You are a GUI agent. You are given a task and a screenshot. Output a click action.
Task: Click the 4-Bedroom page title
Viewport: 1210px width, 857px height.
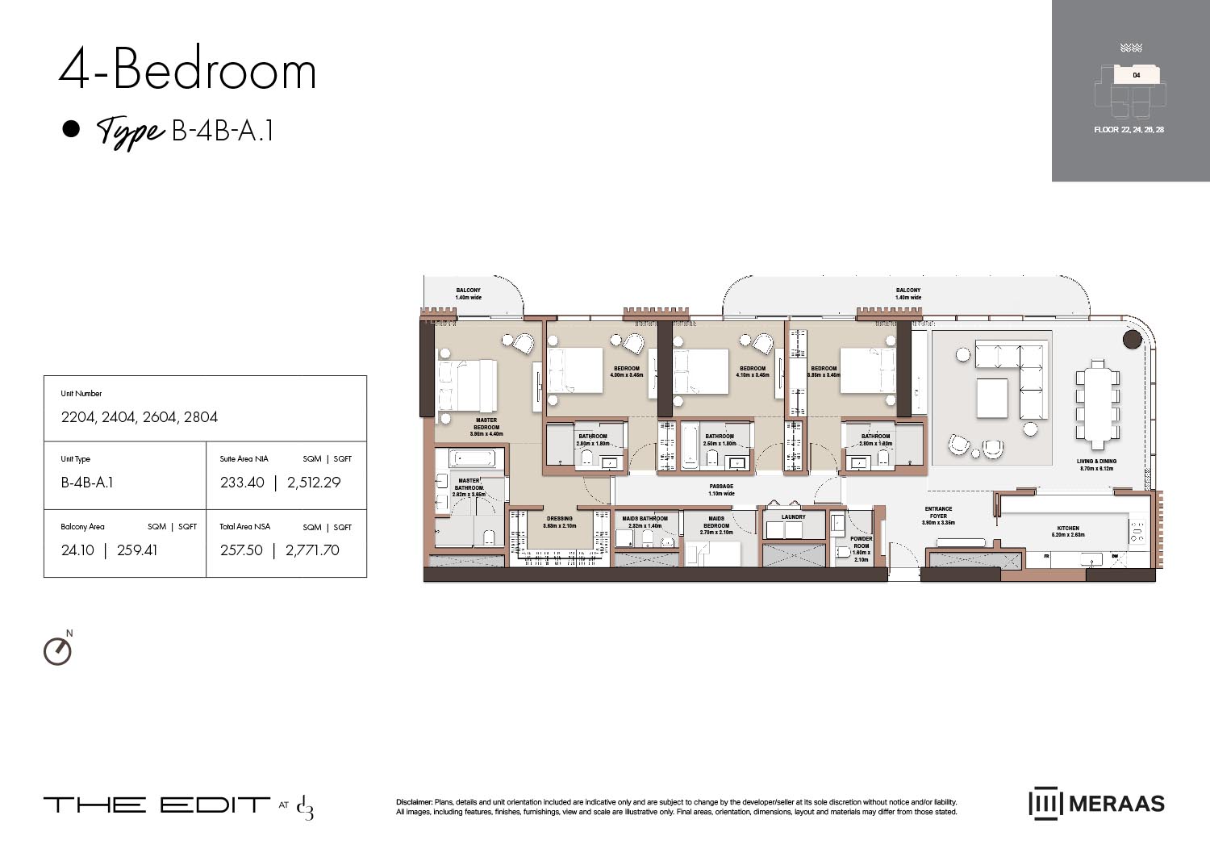(x=187, y=70)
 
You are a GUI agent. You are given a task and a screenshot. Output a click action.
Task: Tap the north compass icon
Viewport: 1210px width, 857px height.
(x=57, y=650)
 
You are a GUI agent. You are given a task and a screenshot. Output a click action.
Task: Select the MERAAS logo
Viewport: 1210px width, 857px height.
(x=1096, y=803)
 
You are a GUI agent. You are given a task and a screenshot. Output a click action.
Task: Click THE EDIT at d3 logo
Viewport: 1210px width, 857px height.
(x=178, y=805)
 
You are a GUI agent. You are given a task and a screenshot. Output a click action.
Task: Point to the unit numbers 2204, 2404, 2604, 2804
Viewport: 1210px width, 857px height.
(x=140, y=417)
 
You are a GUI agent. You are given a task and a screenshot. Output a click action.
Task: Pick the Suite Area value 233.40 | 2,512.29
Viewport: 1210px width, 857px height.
(x=280, y=483)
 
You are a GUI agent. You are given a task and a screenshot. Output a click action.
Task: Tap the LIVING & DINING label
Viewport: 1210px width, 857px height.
(x=1096, y=464)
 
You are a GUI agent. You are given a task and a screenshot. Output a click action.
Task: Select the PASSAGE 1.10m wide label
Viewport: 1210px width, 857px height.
(x=721, y=490)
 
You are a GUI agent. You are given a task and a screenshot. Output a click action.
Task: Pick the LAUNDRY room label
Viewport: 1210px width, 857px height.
(x=793, y=517)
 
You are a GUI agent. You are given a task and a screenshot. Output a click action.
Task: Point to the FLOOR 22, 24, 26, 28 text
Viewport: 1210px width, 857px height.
(x=1129, y=130)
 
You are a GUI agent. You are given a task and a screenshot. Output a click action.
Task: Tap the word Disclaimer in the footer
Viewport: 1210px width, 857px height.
(x=414, y=802)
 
